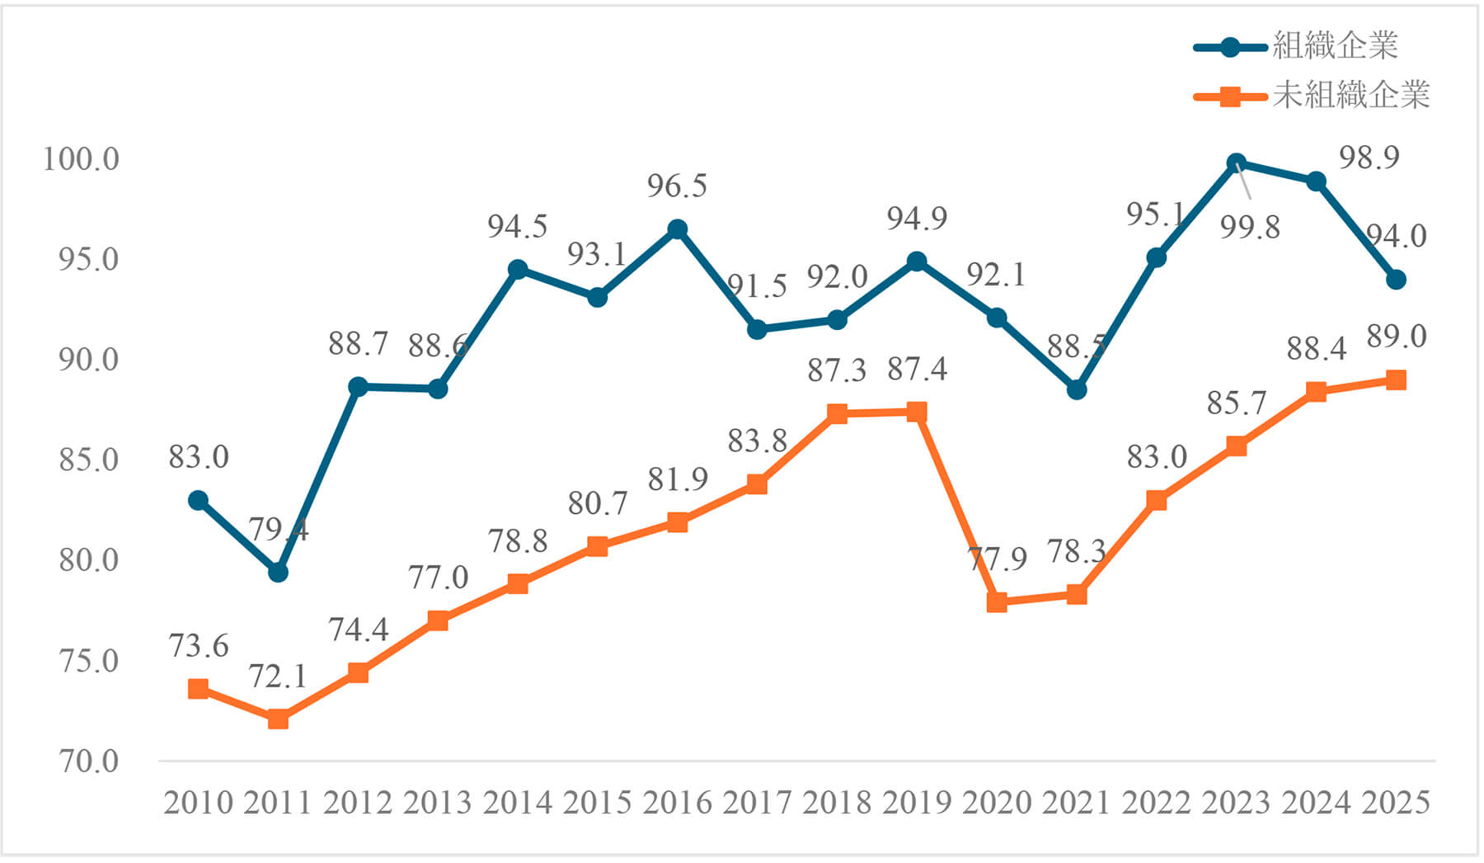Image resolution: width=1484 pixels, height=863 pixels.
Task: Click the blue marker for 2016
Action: coord(677,229)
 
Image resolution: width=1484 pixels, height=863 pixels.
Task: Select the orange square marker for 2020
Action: coord(997,602)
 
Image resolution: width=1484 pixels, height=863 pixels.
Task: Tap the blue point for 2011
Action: coord(278,572)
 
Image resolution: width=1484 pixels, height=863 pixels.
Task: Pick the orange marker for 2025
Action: coord(1395,380)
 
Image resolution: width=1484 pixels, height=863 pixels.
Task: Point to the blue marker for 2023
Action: coord(1236,163)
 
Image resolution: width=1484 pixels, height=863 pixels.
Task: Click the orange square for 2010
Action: coord(198,689)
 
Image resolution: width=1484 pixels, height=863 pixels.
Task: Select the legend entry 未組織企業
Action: coord(1350,97)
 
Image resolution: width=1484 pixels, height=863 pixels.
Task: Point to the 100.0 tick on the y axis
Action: coord(81,158)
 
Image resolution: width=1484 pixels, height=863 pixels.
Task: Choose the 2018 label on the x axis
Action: coord(837,803)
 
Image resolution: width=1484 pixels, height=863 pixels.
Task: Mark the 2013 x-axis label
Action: coord(437,803)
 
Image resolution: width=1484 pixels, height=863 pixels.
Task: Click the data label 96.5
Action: coord(677,186)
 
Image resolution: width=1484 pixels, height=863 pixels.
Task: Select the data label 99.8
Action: coord(1250,227)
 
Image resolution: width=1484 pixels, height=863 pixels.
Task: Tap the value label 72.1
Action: coord(278,677)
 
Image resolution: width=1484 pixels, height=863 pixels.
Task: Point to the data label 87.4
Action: coord(917,370)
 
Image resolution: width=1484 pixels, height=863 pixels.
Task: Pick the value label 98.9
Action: coord(1369,158)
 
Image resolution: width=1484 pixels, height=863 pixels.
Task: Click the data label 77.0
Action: coord(438,578)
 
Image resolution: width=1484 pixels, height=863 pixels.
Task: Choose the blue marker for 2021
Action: coord(1076,389)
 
